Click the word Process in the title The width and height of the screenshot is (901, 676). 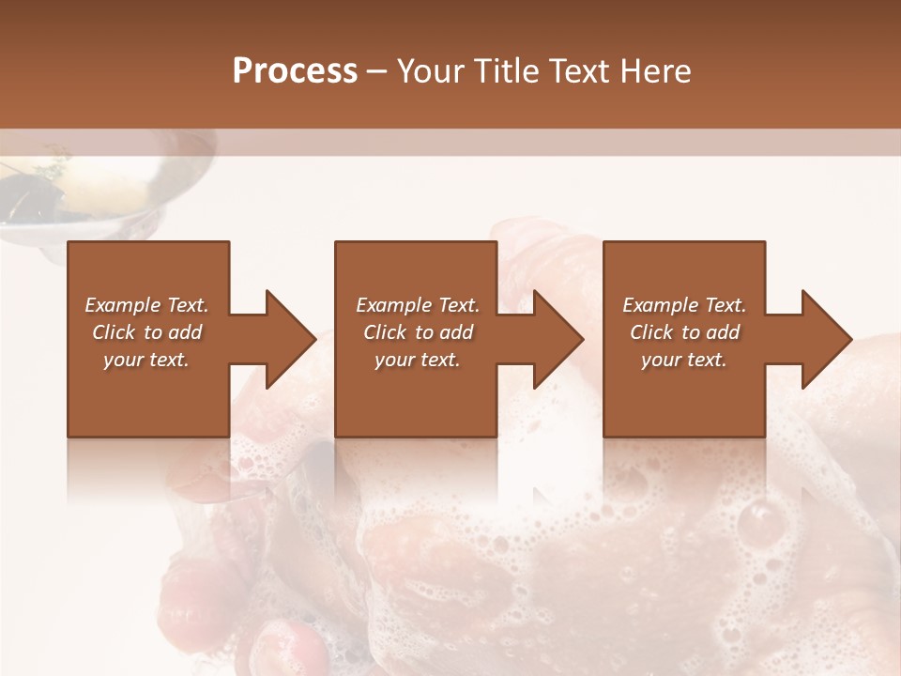click(295, 71)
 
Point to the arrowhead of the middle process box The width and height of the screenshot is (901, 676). click(556, 339)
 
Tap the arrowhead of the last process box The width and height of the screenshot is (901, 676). click(824, 339)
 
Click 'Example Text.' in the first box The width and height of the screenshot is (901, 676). click(147, 305)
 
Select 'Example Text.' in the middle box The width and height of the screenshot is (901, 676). click(418, 305)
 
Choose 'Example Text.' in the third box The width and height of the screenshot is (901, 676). click(684, 305)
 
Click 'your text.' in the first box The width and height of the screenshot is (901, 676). click(146, 360)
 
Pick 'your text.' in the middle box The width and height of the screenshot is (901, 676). click(418, 360)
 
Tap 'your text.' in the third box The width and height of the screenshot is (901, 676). click(684, 360)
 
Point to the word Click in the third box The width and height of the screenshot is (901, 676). click(651, 332)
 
